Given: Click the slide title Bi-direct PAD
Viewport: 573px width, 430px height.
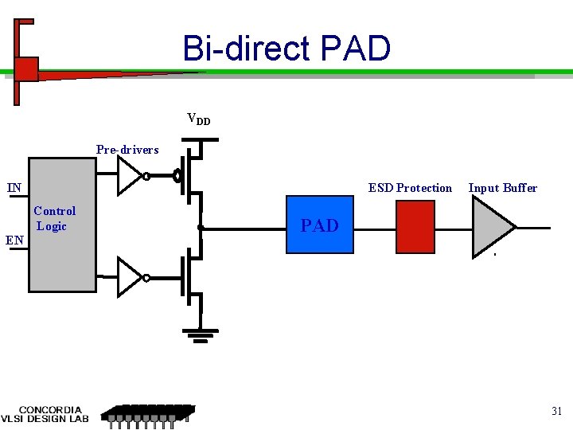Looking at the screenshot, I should pyautogui.click(x=286, y=49).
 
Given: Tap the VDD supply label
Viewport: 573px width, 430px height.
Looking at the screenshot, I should pyautogui.click(x=198, y=119).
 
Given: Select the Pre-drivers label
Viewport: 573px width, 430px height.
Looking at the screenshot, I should pyautogui.click(x=127, y=150).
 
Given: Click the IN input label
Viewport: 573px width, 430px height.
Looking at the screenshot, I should pyautogui.click(x=14, y=188).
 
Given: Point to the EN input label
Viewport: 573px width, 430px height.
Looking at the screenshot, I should pyautogui.click(x=14, y=239).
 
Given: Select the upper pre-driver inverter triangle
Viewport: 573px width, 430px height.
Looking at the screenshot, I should pyautogui.click(x=130, y=176).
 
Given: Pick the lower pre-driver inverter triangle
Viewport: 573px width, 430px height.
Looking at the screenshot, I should pyautogui.click(x=130, y=277).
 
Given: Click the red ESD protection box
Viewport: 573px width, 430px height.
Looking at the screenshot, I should pyautogui.click(x=415, y=226).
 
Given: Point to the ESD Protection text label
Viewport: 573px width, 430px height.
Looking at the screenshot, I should pyautogui.click(x=410, y=188).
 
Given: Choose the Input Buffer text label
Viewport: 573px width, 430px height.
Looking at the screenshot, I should pyautogui.click(x=502, y=188).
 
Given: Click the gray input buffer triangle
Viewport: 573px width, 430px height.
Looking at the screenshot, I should pyautogui.click(x=491, y=226).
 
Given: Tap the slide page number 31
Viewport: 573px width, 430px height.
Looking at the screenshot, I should pyautogui.click(x=556, y=412).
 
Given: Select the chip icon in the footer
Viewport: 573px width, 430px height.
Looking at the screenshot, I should pyautogui.click(x=148, y=413).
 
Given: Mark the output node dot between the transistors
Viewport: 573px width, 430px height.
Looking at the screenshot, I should pyautogui.click(x=201, y=228).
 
